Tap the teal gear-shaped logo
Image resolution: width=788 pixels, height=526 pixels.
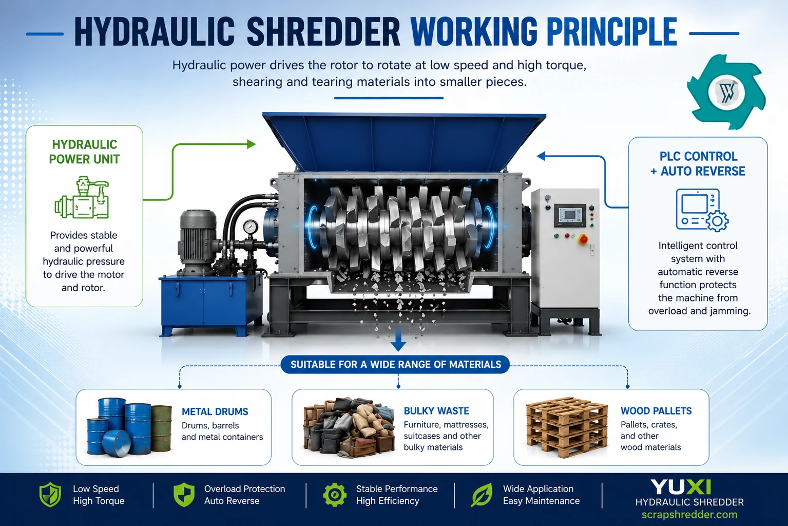[725, 92]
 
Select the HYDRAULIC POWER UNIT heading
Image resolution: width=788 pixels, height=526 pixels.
[84, 152]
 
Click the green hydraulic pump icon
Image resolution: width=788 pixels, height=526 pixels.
[82, 198]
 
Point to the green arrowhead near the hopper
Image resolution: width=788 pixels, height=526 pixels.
[251, 144]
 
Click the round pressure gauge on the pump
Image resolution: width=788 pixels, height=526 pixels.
[250, 227]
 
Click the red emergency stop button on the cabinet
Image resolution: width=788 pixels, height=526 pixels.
[583, 240]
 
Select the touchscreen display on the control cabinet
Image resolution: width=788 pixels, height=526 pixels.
[570, 215]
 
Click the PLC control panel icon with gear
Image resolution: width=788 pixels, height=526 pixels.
[701, 210]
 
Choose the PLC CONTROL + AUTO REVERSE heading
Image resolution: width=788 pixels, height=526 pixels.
[698, 164]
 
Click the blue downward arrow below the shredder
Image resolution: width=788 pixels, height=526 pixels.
[398, 340]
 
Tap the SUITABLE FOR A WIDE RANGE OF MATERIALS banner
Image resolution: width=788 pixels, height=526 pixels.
[395, 364]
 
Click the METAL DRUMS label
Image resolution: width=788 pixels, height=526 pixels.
[215, 411]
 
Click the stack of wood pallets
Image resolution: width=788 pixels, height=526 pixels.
[567, 427]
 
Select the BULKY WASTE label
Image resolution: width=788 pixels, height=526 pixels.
[436, 411]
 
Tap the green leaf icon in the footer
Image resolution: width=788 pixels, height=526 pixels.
[482, 495]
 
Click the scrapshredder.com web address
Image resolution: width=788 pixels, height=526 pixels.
[689, 514]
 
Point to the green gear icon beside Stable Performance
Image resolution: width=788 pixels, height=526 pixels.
[335, 495]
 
